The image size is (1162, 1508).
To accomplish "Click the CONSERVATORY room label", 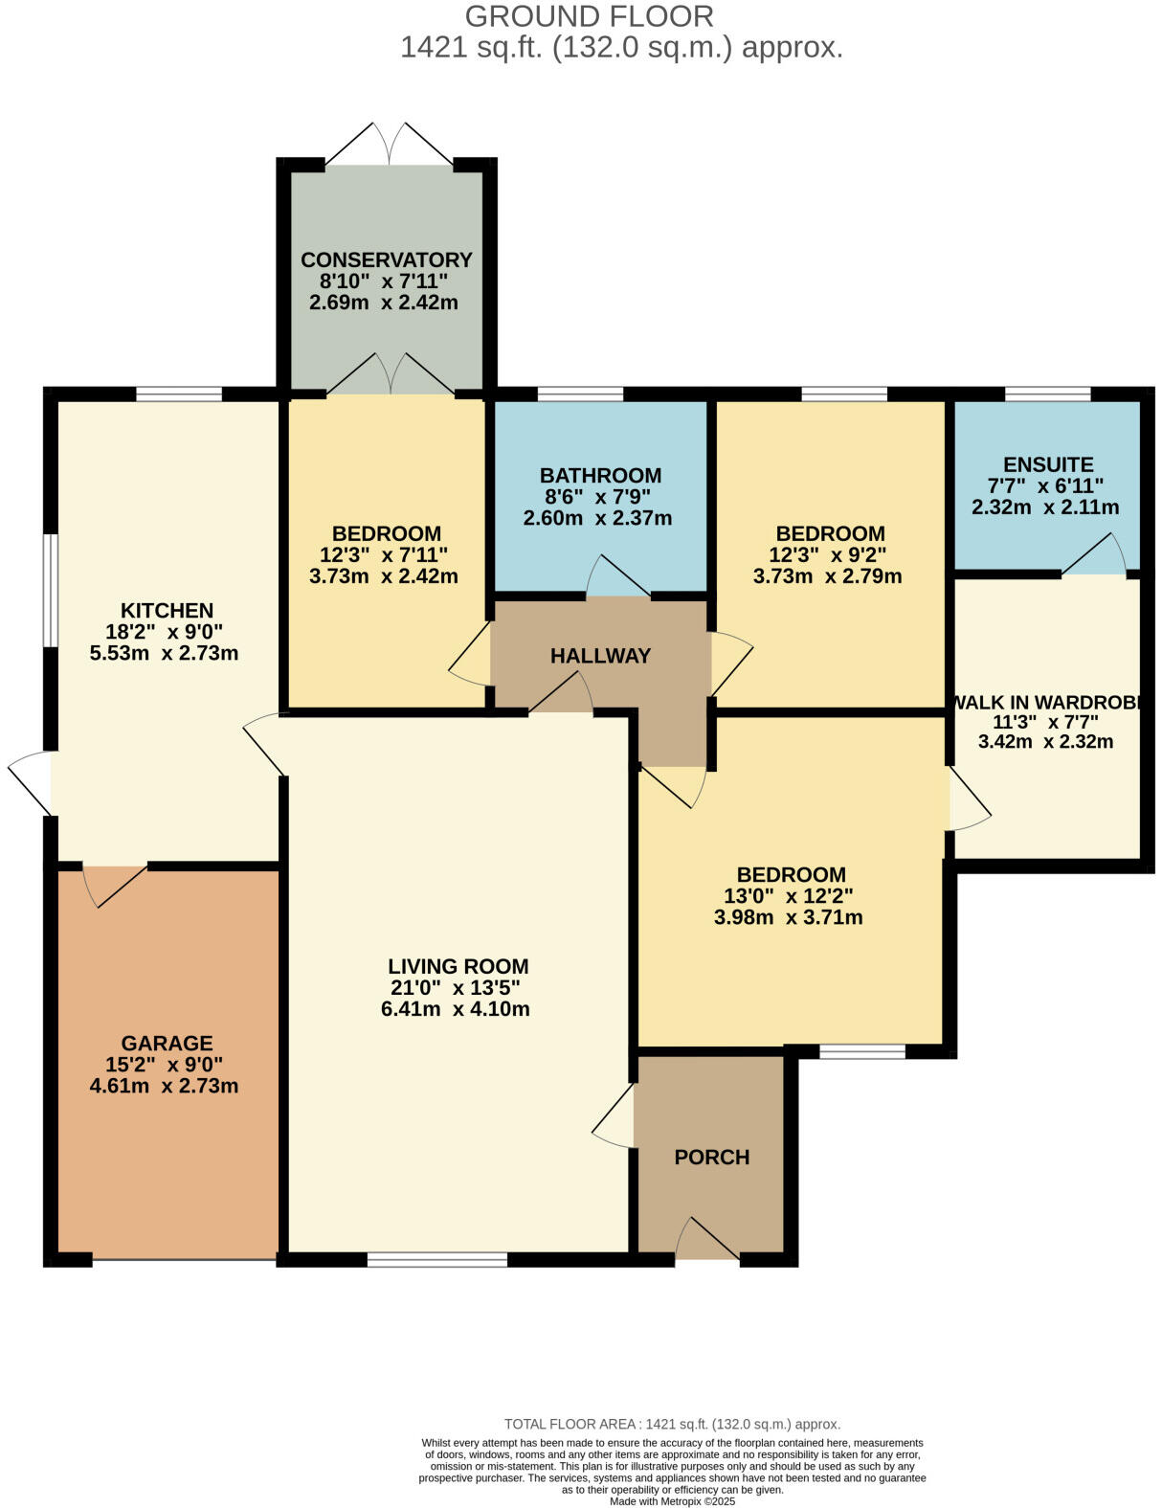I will [x=386, y=259].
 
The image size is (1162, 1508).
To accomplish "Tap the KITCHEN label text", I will [x=167, y=610].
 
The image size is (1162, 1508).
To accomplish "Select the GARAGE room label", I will [x=167, y=1043].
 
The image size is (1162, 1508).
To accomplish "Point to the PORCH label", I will [x=711, y=1157].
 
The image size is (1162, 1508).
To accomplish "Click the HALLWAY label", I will [x=600, y=656].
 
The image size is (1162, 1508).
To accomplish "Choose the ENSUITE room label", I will [x=1047, y=464].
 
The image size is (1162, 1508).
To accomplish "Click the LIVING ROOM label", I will [x=458, y=966].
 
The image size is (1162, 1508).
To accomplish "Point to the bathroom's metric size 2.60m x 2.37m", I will [x=597, y=519].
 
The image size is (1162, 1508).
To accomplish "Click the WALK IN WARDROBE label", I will [x=1047, y=702].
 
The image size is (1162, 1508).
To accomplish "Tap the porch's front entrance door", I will [x=708, y=1241].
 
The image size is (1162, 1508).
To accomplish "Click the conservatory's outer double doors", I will [x=389, y=144].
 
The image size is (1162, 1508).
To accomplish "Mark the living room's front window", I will [x=436, y=1259].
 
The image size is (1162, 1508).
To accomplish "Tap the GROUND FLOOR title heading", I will [x=589, y=16].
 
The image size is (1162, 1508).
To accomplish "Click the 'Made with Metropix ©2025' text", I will [x=672, y=1501].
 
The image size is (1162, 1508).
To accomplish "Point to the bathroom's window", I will [x=580, y=394].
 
